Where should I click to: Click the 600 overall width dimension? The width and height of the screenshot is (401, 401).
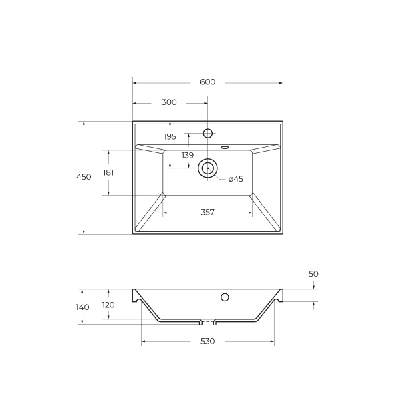[x=207, y=82]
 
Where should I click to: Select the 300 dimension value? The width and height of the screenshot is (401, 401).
[x=169, y=103]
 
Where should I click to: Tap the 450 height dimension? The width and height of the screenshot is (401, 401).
[x=83, y=177]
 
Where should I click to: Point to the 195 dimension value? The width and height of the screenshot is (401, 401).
[x=170, y=136]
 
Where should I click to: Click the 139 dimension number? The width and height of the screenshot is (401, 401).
[x=187, y=155]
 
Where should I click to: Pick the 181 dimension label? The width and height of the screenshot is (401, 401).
[x=108, y=172]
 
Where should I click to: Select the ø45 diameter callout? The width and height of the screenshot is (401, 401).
[x=235, y=179]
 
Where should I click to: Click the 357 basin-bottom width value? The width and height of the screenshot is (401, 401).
[x=207, y=213]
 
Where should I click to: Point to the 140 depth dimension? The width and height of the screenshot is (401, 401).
[x=82, y=307]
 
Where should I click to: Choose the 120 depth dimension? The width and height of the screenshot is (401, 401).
[x=108, y=305]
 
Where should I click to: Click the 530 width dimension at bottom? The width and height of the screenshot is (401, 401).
[x=207, y=342]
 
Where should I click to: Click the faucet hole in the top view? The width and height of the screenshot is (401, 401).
[x=207, y=133]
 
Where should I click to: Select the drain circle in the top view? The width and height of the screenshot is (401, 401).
[x=207, y=168]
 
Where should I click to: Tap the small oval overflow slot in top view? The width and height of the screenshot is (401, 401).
[x=225, y=146]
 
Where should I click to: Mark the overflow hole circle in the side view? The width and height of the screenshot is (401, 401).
[x=225, y=297]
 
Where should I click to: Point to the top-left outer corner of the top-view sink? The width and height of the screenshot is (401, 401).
[x=133, y=122]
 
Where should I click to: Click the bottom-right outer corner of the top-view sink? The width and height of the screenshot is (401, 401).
[x=283, y=234]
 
